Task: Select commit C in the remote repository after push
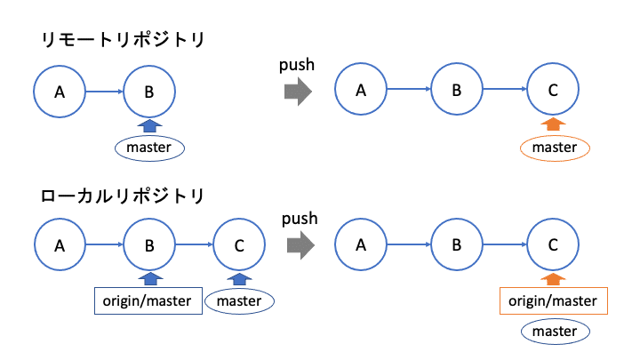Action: tap(553, 90)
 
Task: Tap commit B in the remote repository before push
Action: tap(149, 90)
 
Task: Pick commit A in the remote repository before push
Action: tap(60, 90)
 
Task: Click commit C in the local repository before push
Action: tap(239, 245)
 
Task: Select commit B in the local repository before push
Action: tap(149, 245)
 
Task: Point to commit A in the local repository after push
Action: tap(361, 245)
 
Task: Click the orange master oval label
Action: tap(554, 148)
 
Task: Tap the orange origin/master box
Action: tap(553, 300)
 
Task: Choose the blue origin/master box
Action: tap(148, 300)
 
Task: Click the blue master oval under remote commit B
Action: tap(149, 148)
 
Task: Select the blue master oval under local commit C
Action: tap(239, 300)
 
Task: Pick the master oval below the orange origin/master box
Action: tap(554, 332)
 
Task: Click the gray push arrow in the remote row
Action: tap(298, 91)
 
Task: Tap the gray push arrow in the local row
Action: tap(298, 245)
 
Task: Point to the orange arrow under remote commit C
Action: tap(553, 124)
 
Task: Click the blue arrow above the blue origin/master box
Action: tap(149, 278)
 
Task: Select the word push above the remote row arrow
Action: tap(297, 65)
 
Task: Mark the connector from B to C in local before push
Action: tap(195, 245)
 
